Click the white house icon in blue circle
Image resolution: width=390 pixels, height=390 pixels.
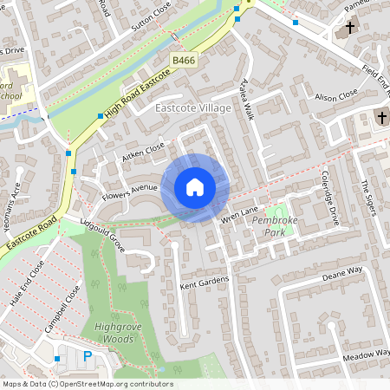(x=195, y=186)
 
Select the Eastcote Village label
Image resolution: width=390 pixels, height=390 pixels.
(x=193, y=107)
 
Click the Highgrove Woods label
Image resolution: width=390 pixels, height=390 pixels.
(x=108, y=333)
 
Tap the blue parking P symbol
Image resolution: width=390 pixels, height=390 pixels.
(x=87, y=357)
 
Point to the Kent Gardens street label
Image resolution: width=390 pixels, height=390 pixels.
(x=205, y=281)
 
